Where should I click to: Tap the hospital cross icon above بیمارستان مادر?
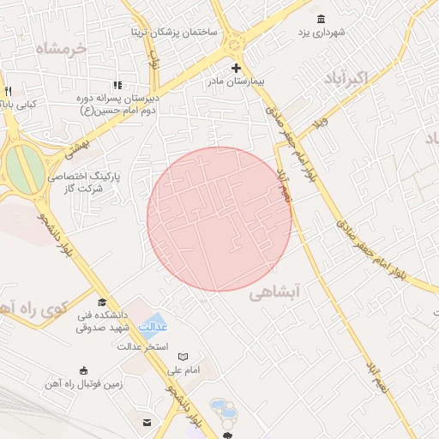click(237, 68)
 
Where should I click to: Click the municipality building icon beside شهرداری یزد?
click(321, 19)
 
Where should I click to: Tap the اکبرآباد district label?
click(346, 80)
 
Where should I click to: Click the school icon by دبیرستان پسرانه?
click(117, 85)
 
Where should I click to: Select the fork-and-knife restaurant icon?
click(8, 91)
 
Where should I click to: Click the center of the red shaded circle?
click(219, 219)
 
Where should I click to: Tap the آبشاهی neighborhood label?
click(275, 292)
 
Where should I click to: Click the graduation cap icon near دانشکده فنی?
click(103, 302)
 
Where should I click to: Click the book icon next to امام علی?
click(182, 357)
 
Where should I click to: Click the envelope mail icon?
click(147, 422)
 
